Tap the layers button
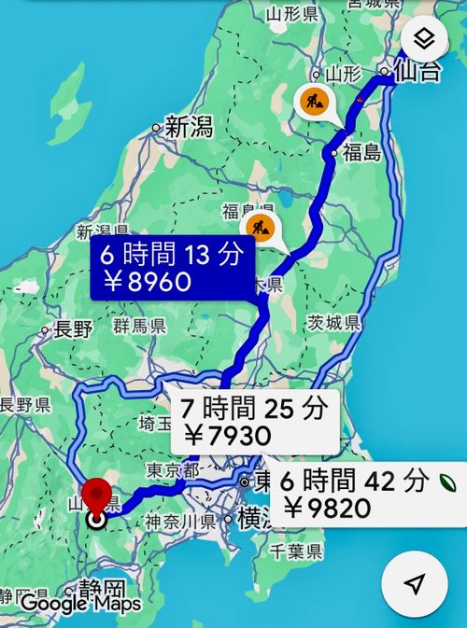coord(421,39)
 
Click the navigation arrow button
coord(415,583)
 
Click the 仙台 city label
coord(417,71)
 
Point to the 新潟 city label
coord(188,128)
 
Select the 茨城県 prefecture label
coord(333,323)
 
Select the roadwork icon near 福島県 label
coord(262,227)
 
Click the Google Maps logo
coord(80,603)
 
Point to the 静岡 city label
coord(102,588)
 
